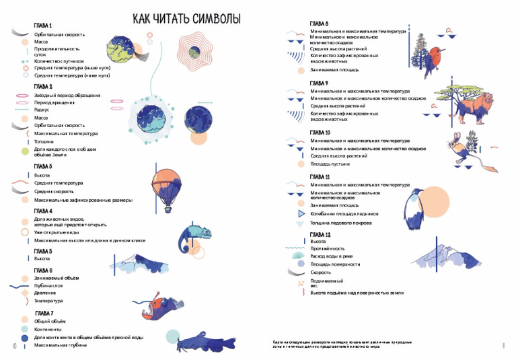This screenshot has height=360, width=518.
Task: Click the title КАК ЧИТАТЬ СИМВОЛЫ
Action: pyautogui.click(x=186, y=19)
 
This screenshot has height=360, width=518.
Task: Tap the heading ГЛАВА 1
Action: pyautogui.click(x=43, y=25)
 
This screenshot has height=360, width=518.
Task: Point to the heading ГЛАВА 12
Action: pyautogui.click(x=320, y=233)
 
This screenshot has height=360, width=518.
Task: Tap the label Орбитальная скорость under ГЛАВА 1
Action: pyautogui.click(x=60, y=33)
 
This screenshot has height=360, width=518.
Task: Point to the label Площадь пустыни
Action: pyautogui.click(x=330, y=164)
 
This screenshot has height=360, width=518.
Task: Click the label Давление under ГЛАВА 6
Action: pyautogui.click(x=45, y=293)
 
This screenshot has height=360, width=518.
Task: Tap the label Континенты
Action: pyautogui.click(x=48, y=329)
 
